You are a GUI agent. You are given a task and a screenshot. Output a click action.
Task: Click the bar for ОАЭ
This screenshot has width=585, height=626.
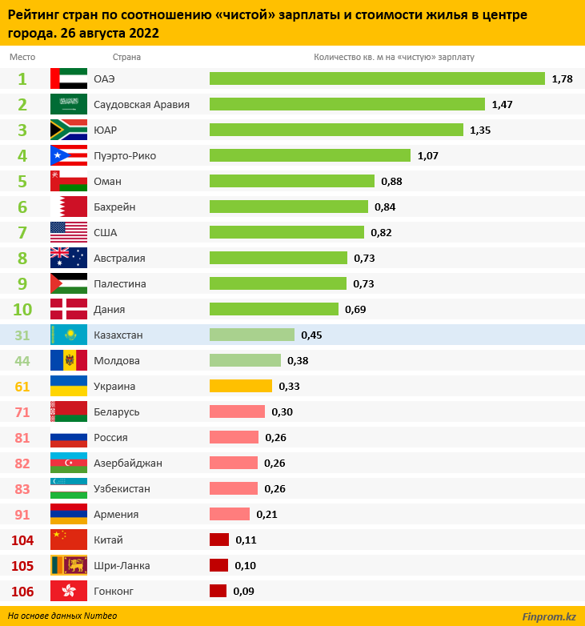(x=377, y=78)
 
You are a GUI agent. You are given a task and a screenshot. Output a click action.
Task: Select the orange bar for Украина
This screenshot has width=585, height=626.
(x=241, y=386)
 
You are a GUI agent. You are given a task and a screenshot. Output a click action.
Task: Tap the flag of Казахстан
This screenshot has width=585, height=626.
(x=69, y=335)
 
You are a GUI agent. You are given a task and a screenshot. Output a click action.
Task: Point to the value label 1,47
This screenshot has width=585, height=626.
(x=502, y=104)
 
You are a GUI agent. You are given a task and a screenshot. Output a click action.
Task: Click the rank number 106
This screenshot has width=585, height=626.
(x=22, y=591)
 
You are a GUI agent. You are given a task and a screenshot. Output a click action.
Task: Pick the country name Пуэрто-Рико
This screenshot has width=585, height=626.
(x=126, y=155)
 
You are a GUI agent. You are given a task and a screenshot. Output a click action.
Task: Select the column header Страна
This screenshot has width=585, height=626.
(x=126, y=58)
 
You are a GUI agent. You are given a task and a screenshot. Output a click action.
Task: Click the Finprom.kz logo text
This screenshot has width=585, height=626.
(x=548, y=616)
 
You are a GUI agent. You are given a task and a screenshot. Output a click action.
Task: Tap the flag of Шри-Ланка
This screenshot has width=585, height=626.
(x=69, y=565)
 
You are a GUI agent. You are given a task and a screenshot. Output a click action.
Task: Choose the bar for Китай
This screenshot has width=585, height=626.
(x=219, y=540)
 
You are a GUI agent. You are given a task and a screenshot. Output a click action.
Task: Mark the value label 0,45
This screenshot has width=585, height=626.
(x=311, y=335)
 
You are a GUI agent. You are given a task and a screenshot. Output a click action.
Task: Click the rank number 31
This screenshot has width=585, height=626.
(x=22, y=335)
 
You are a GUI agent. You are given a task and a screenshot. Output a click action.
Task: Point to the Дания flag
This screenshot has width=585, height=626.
(x=69, y=309)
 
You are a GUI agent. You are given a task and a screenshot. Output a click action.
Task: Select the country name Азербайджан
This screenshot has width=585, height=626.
(x=128, y=463)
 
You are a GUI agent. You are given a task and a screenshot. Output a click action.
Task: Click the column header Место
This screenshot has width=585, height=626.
(x=22, y=58)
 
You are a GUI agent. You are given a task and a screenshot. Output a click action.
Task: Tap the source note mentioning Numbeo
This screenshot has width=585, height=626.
(x=62, y=616)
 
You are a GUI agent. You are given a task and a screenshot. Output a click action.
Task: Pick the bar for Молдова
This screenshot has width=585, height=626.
(x=245, y=360)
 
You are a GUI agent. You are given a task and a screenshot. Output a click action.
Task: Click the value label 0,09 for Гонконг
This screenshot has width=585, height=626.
(x=243, y=591)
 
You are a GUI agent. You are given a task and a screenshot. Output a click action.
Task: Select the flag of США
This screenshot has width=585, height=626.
(x=69, y=232)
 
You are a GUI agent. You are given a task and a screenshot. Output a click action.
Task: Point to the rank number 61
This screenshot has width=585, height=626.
(x=22, y=386)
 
